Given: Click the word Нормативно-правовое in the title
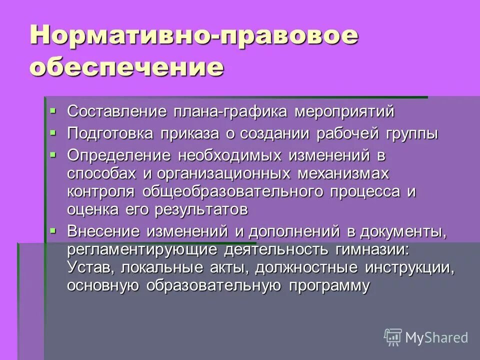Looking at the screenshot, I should click(194, 37).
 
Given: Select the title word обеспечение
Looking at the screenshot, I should click(126, 68).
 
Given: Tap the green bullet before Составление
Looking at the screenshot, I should click(53, 109).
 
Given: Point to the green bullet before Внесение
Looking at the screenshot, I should click(53, 229).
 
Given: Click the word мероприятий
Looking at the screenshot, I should click(344, 111).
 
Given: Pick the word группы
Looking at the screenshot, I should click(411, 134).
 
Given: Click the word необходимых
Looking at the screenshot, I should click(231, 155).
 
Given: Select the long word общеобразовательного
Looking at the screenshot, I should click(236, 191).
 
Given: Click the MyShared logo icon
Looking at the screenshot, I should click(392, 337).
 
